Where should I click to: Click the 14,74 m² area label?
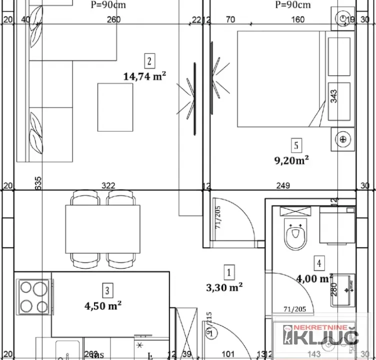[x=144, y=76]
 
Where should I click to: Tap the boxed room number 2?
[x=149, y=61]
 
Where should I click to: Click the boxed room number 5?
[x=296, y=145]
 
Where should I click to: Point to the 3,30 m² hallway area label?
[x=224, y=287]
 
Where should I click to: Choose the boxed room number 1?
[x=229, y=272]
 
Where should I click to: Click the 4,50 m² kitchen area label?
[x=103, y=304]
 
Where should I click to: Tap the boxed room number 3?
[x=107, y=289]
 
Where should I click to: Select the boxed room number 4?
[x=318, y=261]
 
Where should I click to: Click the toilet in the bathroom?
[x=294, y=234]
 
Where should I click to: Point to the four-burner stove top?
[x=33, y=295]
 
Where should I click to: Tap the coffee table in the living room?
[x=115, y=106]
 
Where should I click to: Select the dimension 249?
[x=283, y=185]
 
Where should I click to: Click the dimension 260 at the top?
[x=114, y=19]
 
